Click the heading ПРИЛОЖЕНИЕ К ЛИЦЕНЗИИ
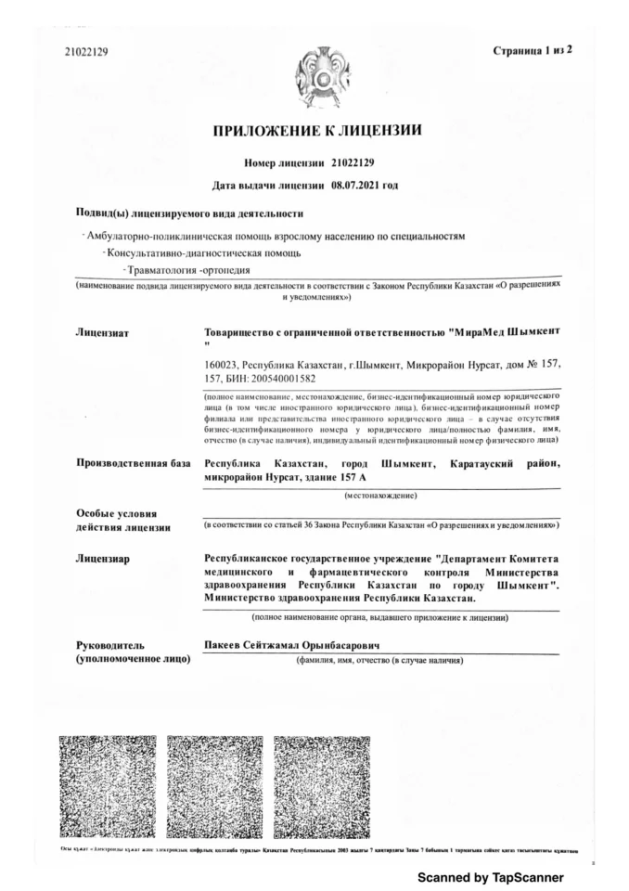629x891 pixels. pyautogui.click(x=318, y=131)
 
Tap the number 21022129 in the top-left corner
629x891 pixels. pyautogui.click(x=86, y=52)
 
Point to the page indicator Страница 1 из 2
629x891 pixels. pyautogui.click(x=532, y=50)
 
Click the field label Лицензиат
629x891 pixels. pyautogui.click(x=101, y=331)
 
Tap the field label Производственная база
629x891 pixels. pyautogui.click(x=133, y=463)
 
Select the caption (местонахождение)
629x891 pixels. pyautogui.click(x=380, y=497)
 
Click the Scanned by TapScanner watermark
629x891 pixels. pyautogui.click(x=490, y=876)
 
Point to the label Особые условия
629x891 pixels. pyautogui.click(x=117, y=513)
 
